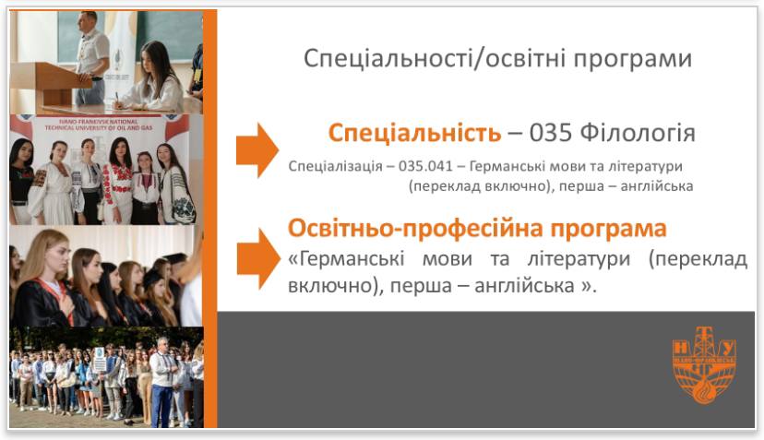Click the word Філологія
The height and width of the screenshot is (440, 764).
pos(637,133)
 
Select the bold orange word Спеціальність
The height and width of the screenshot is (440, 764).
pos(414,133)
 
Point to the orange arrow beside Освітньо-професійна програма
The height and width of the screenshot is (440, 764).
pos(257,258)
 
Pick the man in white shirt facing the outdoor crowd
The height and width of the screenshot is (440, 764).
pos(164,378)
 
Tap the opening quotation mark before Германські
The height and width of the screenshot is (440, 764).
pos(293,259)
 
